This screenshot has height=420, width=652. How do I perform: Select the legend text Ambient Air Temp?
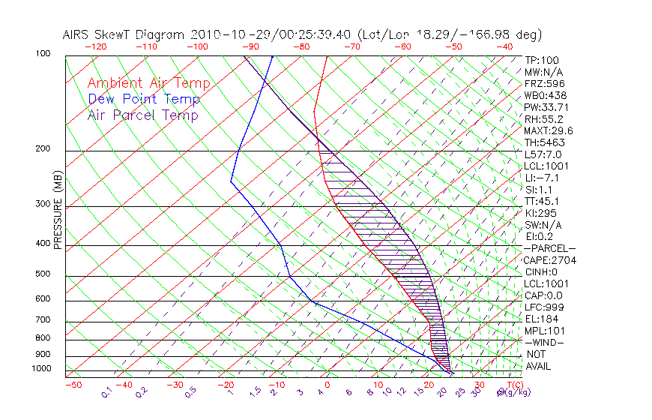tap(148, 83)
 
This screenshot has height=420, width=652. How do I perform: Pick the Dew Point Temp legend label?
tap(143, 99)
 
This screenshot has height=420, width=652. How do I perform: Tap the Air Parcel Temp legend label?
tap(142, 115)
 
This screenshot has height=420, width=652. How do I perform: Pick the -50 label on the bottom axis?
tap(73, 385)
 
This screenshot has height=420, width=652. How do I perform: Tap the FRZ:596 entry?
tap(544, 83)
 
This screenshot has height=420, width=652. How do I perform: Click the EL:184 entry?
tap(541, 319)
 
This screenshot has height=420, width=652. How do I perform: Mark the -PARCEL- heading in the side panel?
tap(549, 248)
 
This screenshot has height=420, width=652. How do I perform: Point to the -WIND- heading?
tap(545, 342)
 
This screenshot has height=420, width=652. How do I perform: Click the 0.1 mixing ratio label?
tap(106, 391)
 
